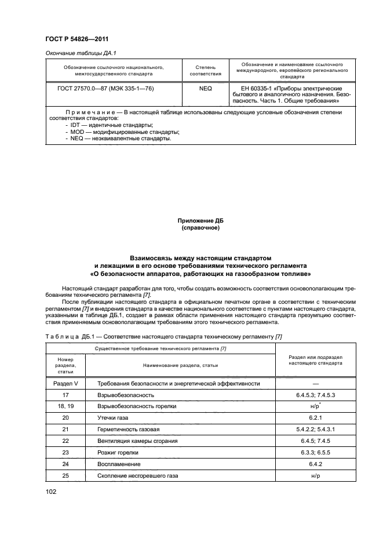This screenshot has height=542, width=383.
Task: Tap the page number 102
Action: click(53, 492)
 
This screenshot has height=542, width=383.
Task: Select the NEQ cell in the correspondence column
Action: click(206, 90)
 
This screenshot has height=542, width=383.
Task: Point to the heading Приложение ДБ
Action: click(200, 220)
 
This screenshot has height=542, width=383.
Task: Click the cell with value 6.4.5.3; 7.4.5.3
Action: click(316, 395)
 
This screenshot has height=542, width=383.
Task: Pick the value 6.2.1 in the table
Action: click(316, 417)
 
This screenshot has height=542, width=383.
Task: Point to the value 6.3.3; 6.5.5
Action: click(316, 452)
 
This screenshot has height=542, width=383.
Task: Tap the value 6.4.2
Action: click(316, 464)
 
